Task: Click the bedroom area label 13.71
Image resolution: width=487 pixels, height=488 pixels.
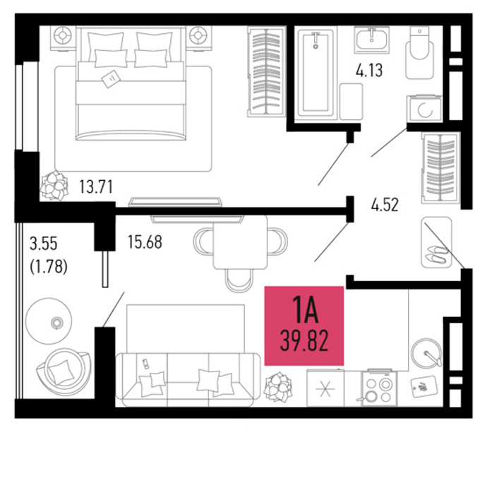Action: tap(96, 186)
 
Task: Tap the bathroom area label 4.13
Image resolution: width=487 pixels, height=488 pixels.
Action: tap(369, 71)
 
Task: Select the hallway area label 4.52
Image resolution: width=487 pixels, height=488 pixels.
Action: tap(385, 205)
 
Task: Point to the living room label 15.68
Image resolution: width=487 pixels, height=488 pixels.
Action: tap(145, 242)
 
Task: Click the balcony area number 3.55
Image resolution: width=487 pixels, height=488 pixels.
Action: tap(44, 244)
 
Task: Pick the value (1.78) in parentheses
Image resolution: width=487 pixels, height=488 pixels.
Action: tap(49, 266)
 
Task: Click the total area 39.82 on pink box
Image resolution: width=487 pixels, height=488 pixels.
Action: tap(304, 341)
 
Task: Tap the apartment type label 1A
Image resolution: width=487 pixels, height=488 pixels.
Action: tap(306, 309)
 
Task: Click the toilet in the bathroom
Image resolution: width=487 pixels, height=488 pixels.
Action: tap(419, 52)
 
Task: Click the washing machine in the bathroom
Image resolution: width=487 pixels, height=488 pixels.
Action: tap(424, 109)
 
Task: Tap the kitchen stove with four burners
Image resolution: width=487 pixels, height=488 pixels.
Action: tap(379, 388)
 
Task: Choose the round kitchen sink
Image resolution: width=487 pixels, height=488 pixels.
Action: tap(426, 354)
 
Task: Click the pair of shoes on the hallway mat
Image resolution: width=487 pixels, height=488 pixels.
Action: tap(437, 254)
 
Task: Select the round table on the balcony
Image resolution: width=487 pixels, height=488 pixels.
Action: tap(49, 321)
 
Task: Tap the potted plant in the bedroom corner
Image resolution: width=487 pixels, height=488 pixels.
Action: tap(54, 186)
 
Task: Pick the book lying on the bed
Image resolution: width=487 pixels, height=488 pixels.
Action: tap(111, 79)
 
